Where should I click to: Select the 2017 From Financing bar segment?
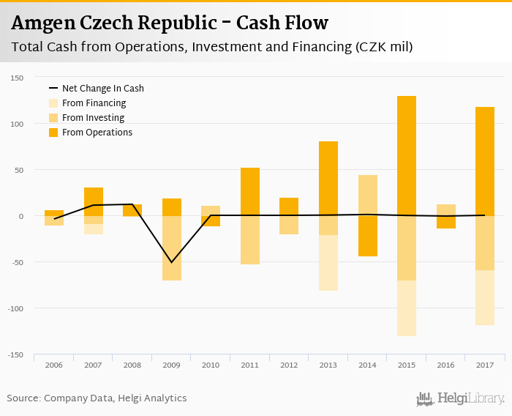pyautogui.click(x=485, y=297)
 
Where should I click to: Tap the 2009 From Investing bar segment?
pyautogui.click(x=172, y=248)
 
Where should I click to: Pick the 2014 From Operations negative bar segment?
pyautogui.click(x=368, y=236)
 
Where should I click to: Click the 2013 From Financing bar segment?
pyautogui.click(x=328, y=263)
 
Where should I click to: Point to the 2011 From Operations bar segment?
pyautogui.click(x=250, y=191)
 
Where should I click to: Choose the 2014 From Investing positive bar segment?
pyautogui.click(x=368, y=195)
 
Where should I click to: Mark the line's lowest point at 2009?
pyautogui.click(x=172, y=262)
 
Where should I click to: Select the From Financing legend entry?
pyautogui.click(x=94, y=103)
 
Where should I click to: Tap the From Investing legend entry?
pyautogui.click(x=93, y=118)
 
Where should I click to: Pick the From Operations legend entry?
pyautogui.click(x=97, y=133)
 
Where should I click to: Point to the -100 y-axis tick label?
pyautogui.click(x=16, y=308)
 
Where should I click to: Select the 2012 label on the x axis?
pyautogui.click(x=289, y=365)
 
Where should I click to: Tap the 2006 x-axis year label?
pyautogui.click(x=54, y=365)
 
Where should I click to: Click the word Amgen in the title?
pyautogui.click(x=42, y=23)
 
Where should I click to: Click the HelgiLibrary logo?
pyautogui.click(x=460, y=399)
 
